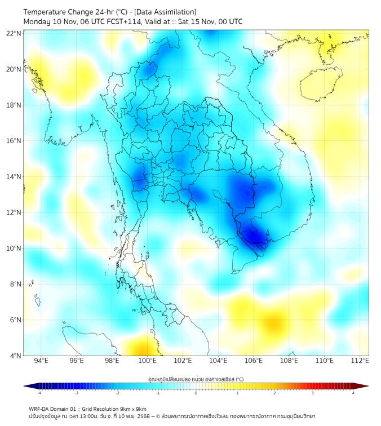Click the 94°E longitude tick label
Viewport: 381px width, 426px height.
click(x=41, y=361)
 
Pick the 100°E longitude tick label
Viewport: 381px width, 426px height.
click(x=147, y=361)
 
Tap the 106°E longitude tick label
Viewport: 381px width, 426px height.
click(x=254, y=361)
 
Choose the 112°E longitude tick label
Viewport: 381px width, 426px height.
click(x=360, y=361)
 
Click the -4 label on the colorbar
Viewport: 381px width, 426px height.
click(x=39, y=393)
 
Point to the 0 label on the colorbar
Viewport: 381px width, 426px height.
click(x=196, y=393)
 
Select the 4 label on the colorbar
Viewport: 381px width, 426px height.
click(x=353, y=393)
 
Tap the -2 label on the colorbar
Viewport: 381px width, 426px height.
click(x=117, y=393)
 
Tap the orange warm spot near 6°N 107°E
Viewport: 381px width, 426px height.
click(x=274, y=324)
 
